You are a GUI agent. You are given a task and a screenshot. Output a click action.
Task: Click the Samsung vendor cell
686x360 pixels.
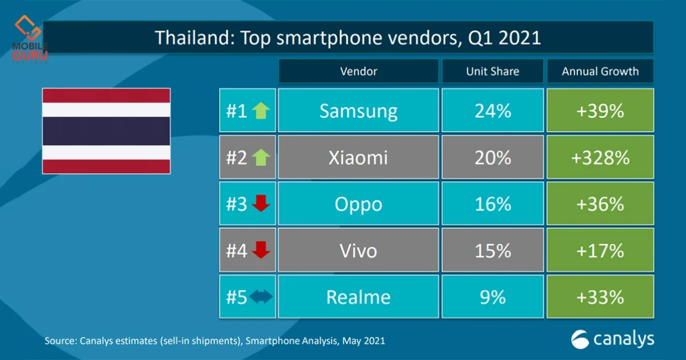[358, 111]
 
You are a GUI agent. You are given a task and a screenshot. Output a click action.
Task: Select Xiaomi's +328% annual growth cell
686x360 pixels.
[600, 158]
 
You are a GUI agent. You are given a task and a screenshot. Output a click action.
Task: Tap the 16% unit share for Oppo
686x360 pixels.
[492, 204]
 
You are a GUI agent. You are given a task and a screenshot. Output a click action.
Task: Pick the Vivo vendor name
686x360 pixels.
[358, 251]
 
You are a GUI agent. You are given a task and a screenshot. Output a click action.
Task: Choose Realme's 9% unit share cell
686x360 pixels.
[492, 297]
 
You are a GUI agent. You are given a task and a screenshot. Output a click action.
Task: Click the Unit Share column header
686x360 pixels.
[492, 71]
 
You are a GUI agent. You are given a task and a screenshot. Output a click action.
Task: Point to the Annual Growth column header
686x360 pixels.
[600, 71]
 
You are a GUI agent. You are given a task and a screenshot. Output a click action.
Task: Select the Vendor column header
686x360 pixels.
[358, 71]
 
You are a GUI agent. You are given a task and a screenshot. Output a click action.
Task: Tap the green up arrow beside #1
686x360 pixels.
[261, 111]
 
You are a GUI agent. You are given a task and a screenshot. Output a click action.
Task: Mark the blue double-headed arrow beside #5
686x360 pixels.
[261, 297]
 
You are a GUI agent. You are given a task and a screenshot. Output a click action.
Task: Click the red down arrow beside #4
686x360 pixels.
[261, 250]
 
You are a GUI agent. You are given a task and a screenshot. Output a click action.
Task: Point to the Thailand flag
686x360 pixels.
[106, 131]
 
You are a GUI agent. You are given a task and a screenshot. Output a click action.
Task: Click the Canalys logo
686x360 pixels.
[612, 339]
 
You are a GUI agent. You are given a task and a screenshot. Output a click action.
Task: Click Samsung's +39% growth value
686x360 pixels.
[600, 111]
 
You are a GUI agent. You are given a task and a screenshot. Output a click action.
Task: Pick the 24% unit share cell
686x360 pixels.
[492, 111]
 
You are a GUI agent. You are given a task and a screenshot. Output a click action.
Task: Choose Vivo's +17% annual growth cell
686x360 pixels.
[600, 251]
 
